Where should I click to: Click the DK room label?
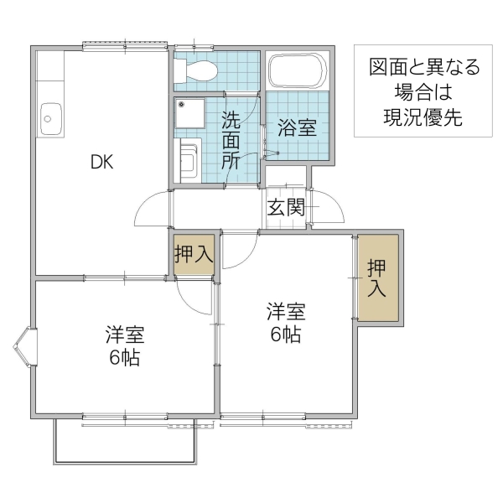[103, 163]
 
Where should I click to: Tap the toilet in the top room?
[200, 70]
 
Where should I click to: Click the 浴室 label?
[297, 128]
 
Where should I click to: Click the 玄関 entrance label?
[286, 209]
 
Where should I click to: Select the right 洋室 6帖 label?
[285, 323]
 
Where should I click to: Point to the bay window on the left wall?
[24, 348]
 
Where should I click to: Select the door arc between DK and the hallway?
[153, 209]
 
